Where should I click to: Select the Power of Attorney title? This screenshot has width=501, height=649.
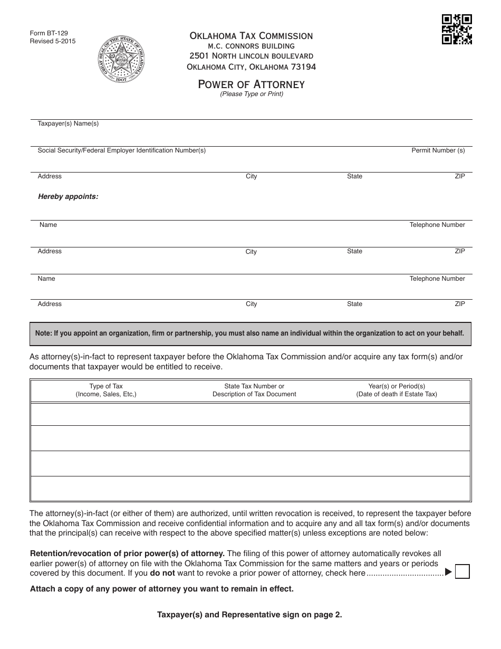pos(251,84)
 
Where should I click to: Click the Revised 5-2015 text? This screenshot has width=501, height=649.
pos(53,41)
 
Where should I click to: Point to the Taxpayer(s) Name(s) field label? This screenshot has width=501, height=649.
pos(68,123)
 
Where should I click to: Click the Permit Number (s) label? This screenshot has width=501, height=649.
pos(438,150)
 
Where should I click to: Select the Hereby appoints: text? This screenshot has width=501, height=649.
pos(68,196)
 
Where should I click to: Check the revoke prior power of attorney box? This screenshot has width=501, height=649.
pos(462,571)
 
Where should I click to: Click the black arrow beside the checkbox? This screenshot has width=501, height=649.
pos(448,571)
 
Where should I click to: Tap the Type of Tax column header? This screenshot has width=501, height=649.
pos(106,390)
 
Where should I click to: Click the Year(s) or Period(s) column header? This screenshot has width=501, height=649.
pos(397,390)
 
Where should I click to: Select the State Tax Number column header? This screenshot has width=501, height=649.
pos(254,390)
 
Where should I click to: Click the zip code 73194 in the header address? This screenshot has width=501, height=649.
pos(303,67)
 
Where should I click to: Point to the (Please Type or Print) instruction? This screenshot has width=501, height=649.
pos(252,94)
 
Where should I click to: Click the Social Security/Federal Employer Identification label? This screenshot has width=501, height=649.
pos(121,150)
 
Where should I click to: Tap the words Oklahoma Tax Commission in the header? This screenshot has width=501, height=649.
pos(251,36)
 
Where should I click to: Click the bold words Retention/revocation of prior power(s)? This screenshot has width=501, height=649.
pos(127,553)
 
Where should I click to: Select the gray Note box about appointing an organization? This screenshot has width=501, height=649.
pos(250,333)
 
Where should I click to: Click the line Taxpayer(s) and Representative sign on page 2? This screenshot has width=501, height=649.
pos(249,614)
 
